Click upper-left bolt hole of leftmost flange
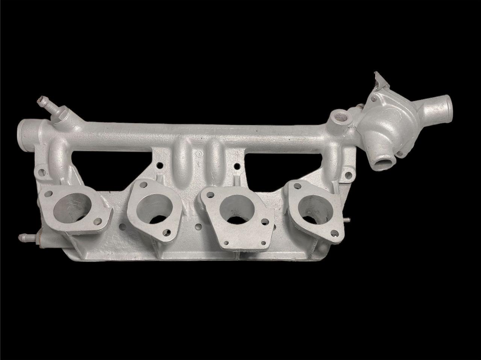click(48, 194)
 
